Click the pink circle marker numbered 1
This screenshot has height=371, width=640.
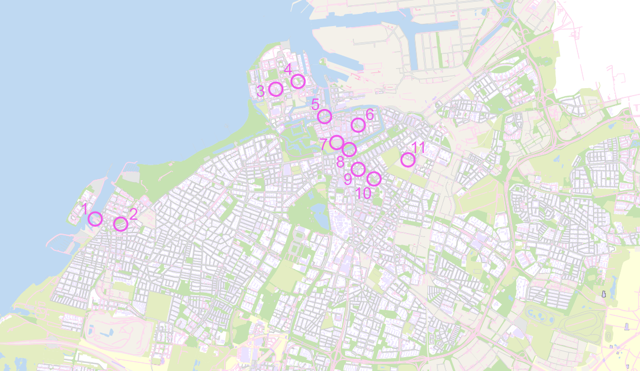(x=96, y=219)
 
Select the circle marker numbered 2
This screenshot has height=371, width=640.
(x=120, y=224)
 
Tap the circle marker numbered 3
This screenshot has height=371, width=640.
(x=276, y=89)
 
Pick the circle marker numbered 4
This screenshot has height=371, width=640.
(x=298, y=81)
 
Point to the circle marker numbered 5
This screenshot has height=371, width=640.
(x=325, y=117)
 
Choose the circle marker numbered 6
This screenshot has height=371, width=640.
(x=358, y=125)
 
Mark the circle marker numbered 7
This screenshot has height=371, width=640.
(x=337, y=143)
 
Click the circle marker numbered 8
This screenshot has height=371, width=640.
(x=349, y=149)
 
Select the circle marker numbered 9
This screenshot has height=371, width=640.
(x=358, y=169)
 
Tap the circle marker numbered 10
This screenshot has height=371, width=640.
(x=374, y=179)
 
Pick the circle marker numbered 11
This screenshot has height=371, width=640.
(x=408, y=159)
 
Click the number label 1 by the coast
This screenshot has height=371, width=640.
(x=85, y=209)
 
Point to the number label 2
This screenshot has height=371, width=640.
(x=133, y=214)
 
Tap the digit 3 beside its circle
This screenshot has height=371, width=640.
(x=261, y=91)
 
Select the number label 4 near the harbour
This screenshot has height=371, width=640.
(x=288, y=70)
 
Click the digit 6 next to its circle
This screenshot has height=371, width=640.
(x=370, y=114)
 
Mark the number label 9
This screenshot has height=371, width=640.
(x=348, y=179)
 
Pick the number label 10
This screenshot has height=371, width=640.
(x=363, y=193)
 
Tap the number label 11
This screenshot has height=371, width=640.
(x=418, y=148)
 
